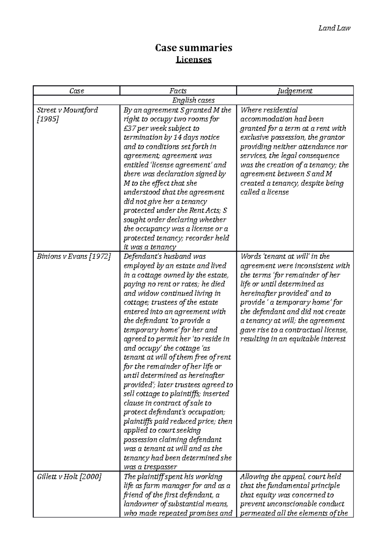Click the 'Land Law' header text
[334, 28]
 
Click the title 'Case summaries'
[193, 48]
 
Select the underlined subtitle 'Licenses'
[193, 60]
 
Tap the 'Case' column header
[76, 91]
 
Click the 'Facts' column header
[178, 91]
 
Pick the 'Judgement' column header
[295, 91]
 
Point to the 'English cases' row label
[193, 100]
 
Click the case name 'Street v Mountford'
[67, 110]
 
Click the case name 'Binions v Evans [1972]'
[74, 257]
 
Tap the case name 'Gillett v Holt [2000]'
[69, 477]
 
